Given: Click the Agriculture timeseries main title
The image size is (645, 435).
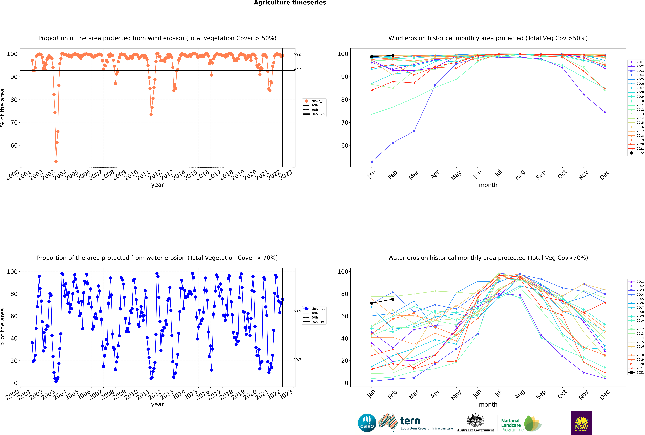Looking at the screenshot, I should pos(290,3).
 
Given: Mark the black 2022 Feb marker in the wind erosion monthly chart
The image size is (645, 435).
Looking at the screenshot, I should pos(393,55).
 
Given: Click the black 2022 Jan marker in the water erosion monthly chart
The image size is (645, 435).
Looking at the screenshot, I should pos(372,303).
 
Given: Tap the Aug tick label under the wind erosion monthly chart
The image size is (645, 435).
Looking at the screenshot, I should pos(519,175).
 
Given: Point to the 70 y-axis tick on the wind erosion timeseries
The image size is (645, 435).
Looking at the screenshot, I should pos(14,123).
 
